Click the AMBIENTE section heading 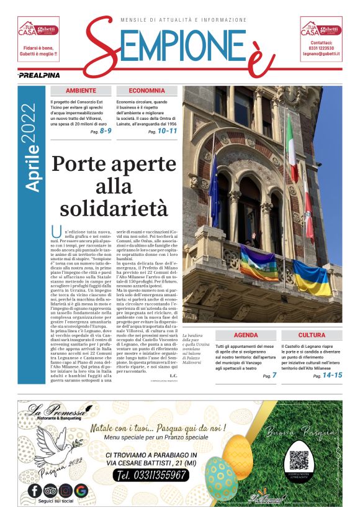(x=81, y=91)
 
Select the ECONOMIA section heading (x=147, y=91)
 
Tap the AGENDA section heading (x=246, y=335)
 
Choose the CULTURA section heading (x=312, y=335)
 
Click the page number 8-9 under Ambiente (x=105, y=131)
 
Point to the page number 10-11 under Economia (x=167, y=131)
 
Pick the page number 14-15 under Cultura (x=332, y=375)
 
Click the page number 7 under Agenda (x=274, y=375)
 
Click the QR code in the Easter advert (x=299, y=460)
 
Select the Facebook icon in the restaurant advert (x=35, y=491)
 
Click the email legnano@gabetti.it (x=320, y=55)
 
